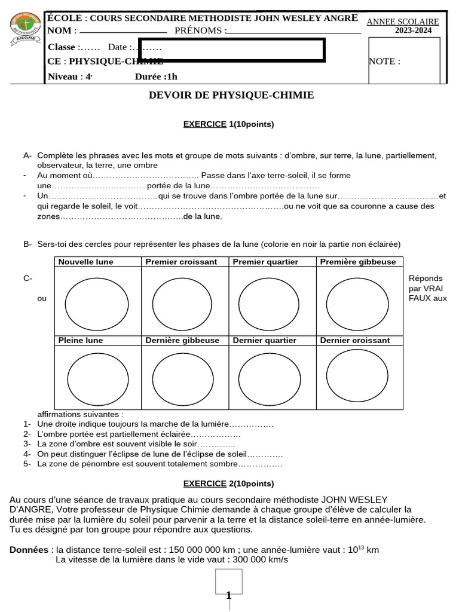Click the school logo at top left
tap(26, 28)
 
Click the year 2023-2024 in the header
tap(416, 30)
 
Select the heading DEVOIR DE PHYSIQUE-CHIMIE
tap(231, 96)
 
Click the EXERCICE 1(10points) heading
tap(228, 124)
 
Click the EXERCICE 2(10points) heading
tap(228, 484)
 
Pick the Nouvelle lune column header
tap(85, 262)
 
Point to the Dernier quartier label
tap(264, 341)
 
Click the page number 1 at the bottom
tap(228, 595)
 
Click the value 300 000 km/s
tap(257, 559)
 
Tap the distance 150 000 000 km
tap(215, 550)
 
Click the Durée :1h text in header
tap(156, 76)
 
